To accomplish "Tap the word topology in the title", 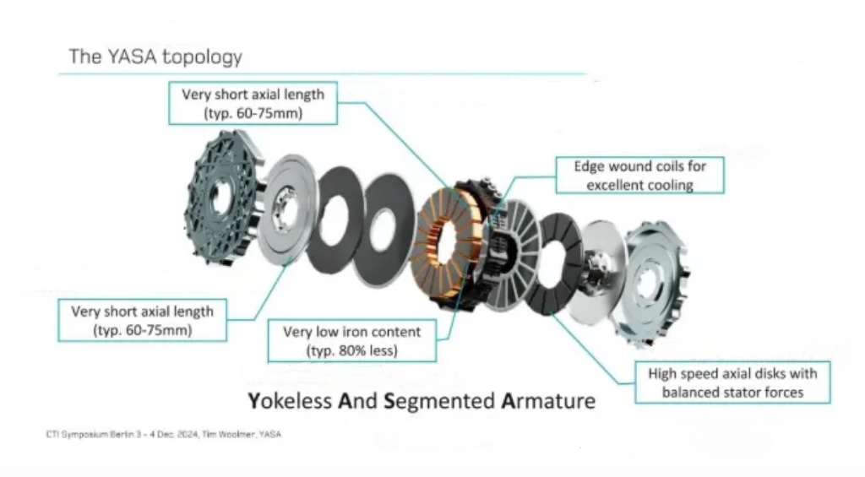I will (202, 57).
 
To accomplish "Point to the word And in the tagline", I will (356, 399).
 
